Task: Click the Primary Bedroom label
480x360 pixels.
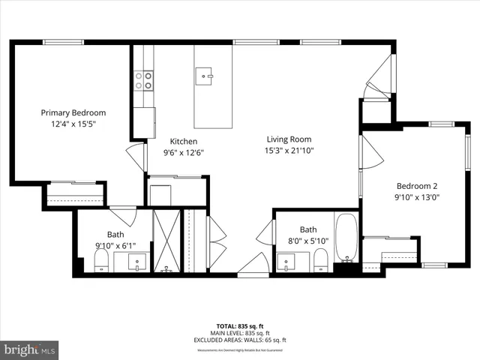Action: (x=73, y=112)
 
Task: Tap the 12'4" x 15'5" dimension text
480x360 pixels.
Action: (x=73, y=124)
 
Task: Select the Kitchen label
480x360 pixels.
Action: (x=183, y=141)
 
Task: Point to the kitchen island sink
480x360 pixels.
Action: (x=205, y=74)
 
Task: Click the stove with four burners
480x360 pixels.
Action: (x=143, y=80)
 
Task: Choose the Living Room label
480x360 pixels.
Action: (x=289, y=139)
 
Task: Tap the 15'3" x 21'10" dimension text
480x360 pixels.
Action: (x=289, y=151)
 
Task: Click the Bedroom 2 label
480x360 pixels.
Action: (x=417, y=186)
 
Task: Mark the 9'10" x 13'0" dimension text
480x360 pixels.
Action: (x=417, y=198)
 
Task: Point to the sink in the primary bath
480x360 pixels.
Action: (x=137, y=262)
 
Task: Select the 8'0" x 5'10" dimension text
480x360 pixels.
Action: (x=308, y=241)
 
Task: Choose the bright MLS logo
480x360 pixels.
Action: (x=30, y=349)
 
